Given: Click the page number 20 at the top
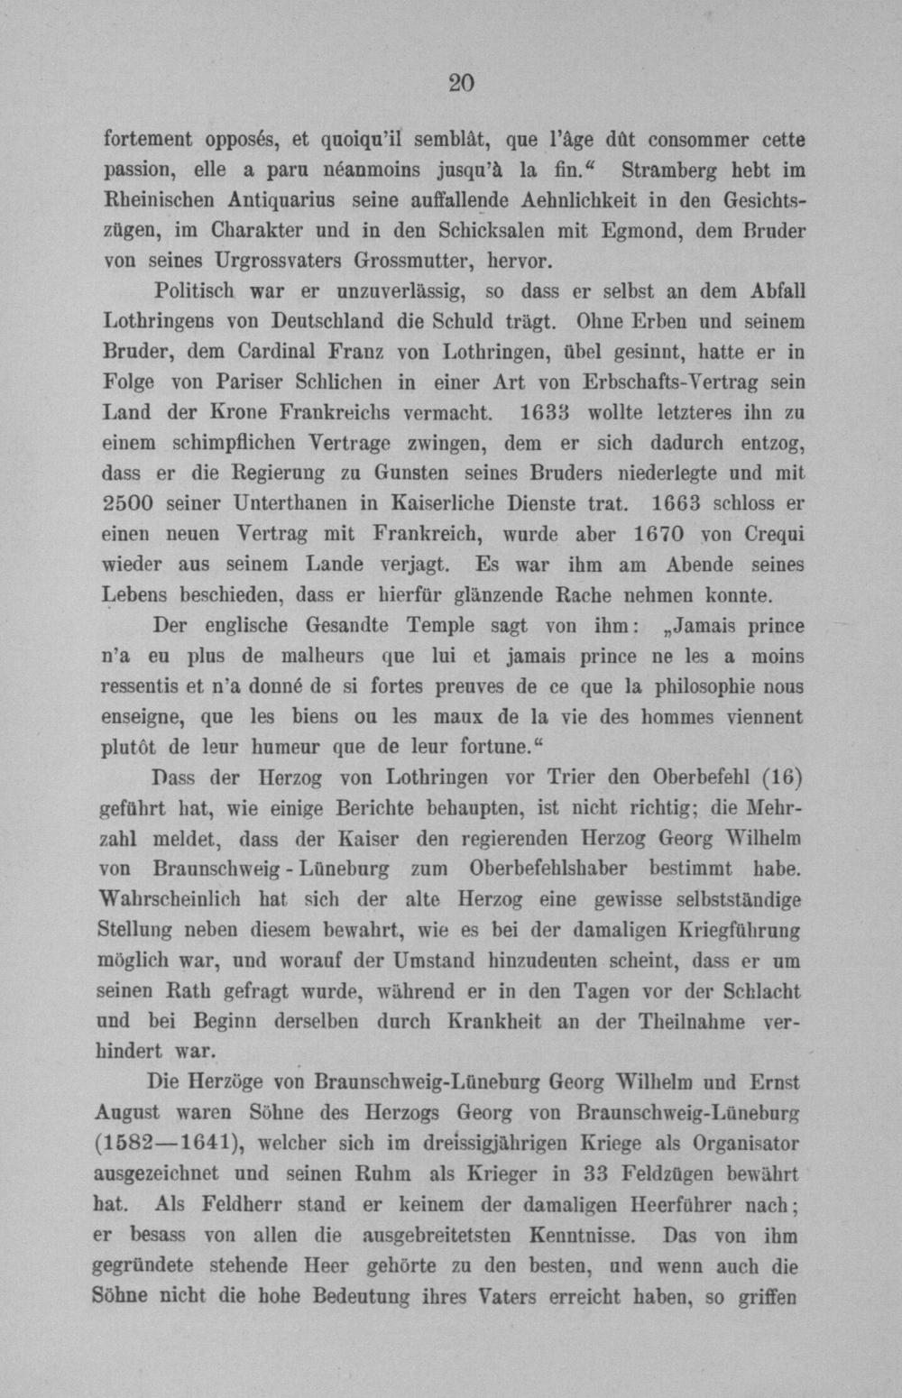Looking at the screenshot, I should (460, 83).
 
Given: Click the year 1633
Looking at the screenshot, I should (545, 413).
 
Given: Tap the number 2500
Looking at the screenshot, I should (135, 503).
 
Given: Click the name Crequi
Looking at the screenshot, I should (775, 534).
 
